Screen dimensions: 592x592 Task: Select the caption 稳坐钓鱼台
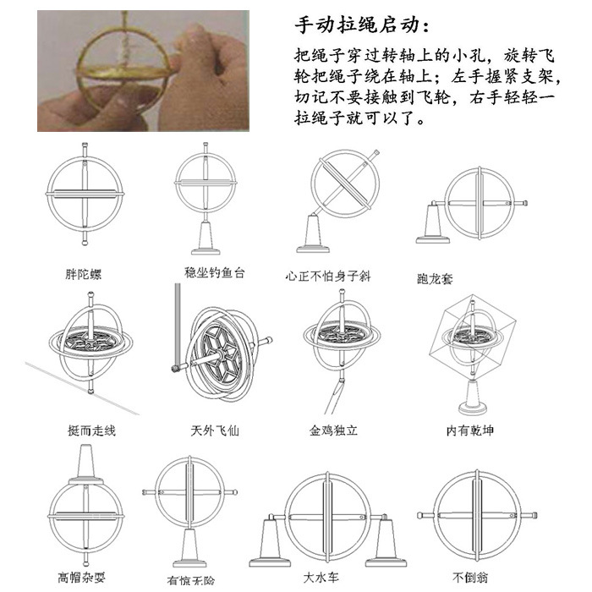[215, 272]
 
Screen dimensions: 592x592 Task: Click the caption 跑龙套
[436, 277]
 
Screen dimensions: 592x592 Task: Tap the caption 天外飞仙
[215, 430]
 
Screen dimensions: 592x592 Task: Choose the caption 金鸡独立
[333, 430]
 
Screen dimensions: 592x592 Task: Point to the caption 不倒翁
[471, 578]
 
